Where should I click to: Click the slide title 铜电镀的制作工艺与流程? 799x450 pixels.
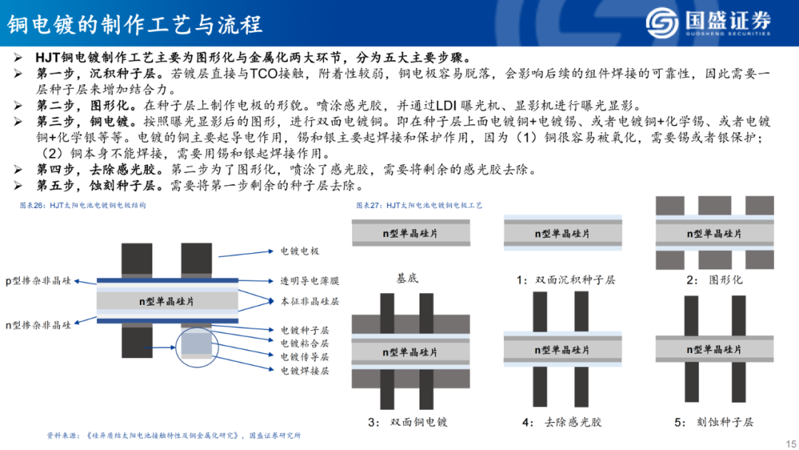pos(135,24)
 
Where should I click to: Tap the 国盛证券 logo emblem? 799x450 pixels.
pos(662,24)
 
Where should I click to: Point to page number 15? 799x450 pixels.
pos(786,440)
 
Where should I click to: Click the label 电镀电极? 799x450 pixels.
pos(299,252)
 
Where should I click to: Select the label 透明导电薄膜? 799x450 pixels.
pos(309,281)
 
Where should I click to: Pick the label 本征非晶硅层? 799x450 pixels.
pos(309,302)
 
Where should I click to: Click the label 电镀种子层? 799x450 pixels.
pos(304,330)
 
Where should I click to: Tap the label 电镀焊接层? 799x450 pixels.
pos(304,370)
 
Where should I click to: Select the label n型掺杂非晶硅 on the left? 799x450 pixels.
pos(39,325)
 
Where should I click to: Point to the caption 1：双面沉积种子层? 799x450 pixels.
pos(566,280)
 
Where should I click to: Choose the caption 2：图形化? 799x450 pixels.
pos(714,280)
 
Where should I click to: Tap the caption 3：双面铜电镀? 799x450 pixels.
pos(408,422)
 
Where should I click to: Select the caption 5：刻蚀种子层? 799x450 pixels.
pos(714,422)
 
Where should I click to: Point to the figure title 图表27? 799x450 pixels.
pos(419,205)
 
